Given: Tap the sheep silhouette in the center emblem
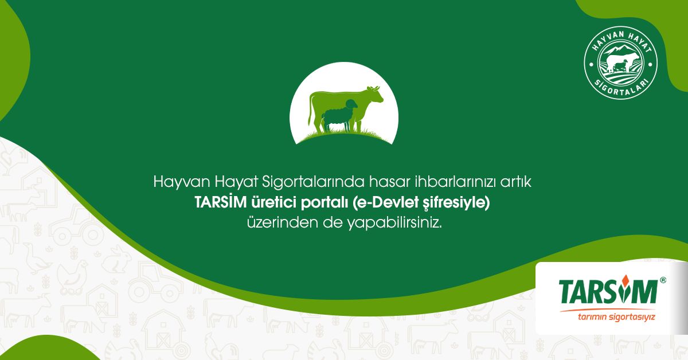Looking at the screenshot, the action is point(339,115).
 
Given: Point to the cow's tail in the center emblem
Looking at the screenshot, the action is point(310,111).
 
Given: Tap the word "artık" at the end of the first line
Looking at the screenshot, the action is point(516,182).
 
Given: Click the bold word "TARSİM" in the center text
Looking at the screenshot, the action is point(221,203).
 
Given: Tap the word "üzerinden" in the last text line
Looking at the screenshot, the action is point(283,223).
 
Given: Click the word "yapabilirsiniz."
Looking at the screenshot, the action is point(395,224).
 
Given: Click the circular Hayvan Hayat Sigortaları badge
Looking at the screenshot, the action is point(620,63).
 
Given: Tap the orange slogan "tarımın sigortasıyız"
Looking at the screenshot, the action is point(616,316).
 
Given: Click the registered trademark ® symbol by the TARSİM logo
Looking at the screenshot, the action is point(663,280).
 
